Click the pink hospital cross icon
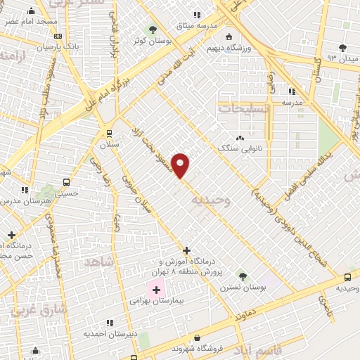[x=156, y=289]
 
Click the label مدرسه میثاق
[x=198, y=25]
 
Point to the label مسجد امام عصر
[x=31, y=22]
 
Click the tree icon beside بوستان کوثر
[x=153, y=29]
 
